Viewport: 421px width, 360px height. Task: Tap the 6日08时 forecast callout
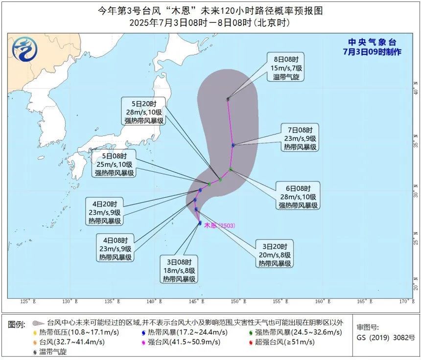pyautogui.click(x=299, y=196)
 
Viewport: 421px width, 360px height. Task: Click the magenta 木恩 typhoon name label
pyautogui.click(x=210, y=225)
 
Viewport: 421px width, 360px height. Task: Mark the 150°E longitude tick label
pyautogui.click(x=237, y=301)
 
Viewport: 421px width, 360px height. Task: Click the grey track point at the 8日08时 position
pyautogui.click(x=228, y=99)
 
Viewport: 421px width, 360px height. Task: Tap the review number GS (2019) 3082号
pyautogui.click(x=385, y=337)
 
